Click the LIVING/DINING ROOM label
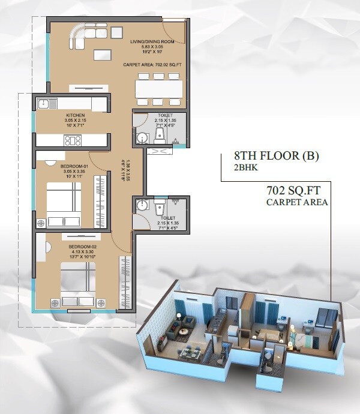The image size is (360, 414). (x=153, y=42)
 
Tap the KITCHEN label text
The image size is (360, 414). (x=76, y=115)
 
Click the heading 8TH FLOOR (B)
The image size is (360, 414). (x=277, y=157)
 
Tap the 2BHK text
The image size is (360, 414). (x=246, y=169)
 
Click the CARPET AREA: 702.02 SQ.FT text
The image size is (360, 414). (x=152, y=64)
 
